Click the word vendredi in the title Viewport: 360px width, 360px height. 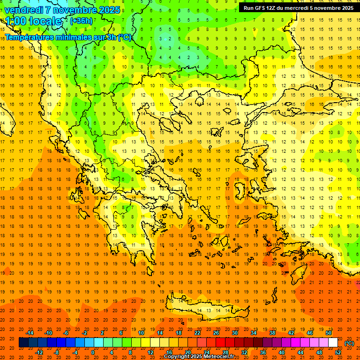(x=25, y=10)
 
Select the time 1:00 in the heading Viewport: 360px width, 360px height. (x=15, y=21)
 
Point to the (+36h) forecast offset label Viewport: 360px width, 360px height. (x=81, y=21)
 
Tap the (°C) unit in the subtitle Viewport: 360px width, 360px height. (x=124, y=37)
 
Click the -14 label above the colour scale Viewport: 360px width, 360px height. (x=30, y=333)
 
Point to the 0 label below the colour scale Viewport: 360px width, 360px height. (x=93, y=352)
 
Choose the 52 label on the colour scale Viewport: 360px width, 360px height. (x=338, y=352)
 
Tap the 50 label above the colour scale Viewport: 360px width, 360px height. (x=329, y=333)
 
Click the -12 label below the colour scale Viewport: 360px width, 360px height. (x=39, y=352)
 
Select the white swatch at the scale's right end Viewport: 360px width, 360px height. (x=333, y=343)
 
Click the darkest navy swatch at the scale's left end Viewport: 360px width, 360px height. (x=23, y=343)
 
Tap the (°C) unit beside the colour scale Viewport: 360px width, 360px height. (x=349, y=343)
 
